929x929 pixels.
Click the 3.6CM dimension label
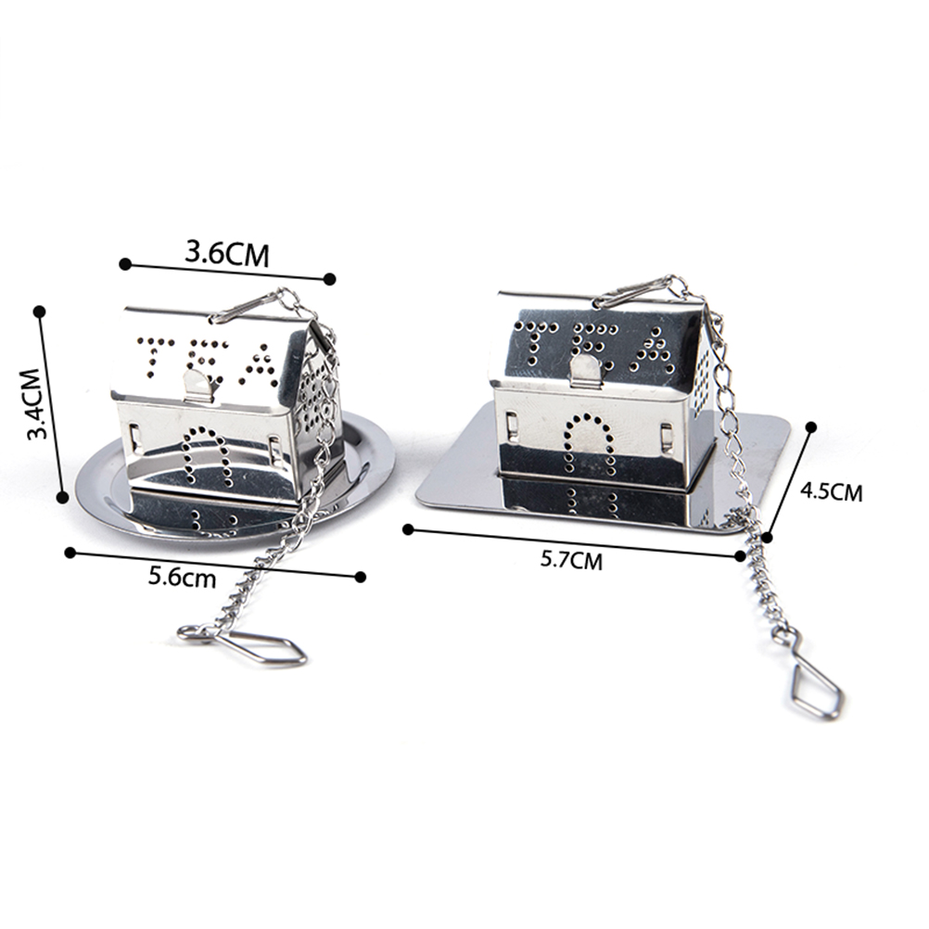coord(227,255)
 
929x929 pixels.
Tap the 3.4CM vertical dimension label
coord(38,403)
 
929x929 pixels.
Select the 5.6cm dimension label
coord(183,577)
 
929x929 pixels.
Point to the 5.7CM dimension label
coord(571,559)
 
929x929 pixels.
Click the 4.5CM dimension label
coord(832,491)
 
